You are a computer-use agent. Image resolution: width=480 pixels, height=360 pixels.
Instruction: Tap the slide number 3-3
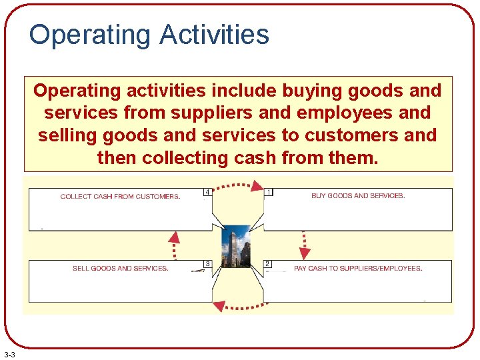click(11, 353)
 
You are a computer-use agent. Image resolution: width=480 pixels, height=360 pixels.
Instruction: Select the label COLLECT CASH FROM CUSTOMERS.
click(120, 197)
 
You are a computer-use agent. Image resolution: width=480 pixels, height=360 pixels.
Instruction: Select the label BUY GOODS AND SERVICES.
click(358, 196)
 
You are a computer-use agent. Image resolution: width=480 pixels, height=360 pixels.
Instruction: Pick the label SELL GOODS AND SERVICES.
click(120, 268)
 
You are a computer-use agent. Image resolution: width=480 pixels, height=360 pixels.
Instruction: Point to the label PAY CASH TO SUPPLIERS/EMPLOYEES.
click(358, 268)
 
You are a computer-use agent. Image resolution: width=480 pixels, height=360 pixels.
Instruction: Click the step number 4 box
click(207, 193)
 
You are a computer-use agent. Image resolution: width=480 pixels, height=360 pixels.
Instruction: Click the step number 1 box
click(269, 193)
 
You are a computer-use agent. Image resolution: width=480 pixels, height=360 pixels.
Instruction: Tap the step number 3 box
click(207, 264)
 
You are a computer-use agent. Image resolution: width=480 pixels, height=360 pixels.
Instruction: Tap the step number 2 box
click(267, 264)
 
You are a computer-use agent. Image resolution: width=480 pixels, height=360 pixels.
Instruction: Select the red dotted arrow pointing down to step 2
click(305, 245)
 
